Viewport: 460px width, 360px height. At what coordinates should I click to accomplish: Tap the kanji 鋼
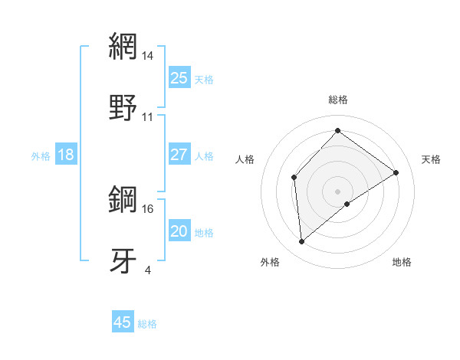pos(123,200)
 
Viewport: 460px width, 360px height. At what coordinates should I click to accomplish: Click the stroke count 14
pos(148,55)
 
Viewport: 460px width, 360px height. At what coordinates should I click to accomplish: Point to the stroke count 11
pos(148,117)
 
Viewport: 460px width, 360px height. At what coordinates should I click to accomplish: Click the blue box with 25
pos(179,78)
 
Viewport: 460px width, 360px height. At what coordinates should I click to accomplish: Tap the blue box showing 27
pos(179,155)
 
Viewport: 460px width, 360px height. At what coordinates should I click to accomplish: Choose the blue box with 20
pos(179,232)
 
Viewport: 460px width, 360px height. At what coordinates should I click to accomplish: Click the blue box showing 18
pos(66,155)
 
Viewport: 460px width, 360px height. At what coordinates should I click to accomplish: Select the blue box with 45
pos(123,322)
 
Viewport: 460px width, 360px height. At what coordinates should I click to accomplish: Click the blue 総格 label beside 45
pos(148,324)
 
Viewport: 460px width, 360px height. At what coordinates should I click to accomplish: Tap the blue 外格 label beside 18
pos(41,156)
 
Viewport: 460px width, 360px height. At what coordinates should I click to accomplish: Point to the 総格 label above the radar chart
pos(338,100)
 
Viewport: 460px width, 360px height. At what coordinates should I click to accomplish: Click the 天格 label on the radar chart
pos(431,159)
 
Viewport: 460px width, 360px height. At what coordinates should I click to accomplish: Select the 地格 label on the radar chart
pos(402,263)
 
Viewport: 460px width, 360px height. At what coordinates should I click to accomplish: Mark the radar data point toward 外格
pos(302,242)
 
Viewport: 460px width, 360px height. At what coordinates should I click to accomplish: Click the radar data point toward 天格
pos(396,172)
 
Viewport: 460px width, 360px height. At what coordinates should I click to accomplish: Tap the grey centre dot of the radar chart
pos(338,191)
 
